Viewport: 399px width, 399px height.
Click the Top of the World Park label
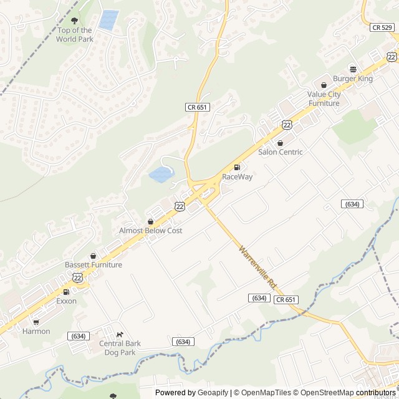coord(74,34)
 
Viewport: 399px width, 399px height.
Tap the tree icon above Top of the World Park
coord(75,21)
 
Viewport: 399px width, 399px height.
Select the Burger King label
coord(352,79)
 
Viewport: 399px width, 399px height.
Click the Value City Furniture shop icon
coord(324,85)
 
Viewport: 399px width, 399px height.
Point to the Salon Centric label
coord(280,152)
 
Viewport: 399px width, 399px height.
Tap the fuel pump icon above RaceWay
coord(237,167)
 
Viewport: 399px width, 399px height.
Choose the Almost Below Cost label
coord(150,231)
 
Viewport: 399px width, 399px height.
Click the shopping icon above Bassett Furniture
coord(93,256)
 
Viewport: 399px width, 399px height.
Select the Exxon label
coord(66,301)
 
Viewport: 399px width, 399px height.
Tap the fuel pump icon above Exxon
coord(66,292)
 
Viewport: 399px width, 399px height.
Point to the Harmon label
coord(36,331)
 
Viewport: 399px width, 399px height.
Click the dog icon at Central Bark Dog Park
coord(120,334)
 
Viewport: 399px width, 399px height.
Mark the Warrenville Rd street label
coord(256,266)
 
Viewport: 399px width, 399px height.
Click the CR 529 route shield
coord(381,27)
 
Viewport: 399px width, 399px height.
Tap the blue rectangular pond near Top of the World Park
coord(108,20)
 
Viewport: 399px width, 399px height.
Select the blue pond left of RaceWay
coord(161,174)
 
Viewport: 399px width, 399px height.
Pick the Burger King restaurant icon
coord(353,69)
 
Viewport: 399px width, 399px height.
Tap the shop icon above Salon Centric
coord(280,143)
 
